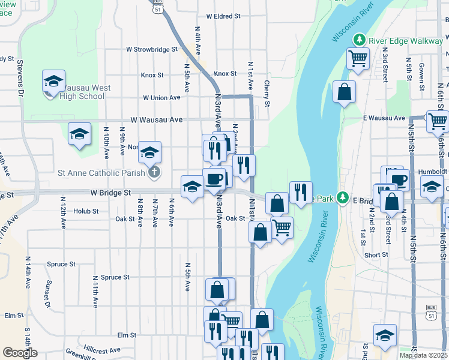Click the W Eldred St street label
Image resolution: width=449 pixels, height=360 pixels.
click(223, 17)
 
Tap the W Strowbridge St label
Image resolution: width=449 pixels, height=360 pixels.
click(152, 49)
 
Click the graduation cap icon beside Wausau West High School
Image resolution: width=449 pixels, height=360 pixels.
click(53, 82)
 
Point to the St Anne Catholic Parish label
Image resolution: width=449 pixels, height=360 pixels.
click(101, 173)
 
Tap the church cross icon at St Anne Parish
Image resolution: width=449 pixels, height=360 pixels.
click(154, 173)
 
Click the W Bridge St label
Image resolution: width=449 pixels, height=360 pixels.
click(110, 193)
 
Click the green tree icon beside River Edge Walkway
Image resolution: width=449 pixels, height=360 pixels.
click(360, 40)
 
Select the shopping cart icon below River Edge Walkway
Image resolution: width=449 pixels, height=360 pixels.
click(358, 59)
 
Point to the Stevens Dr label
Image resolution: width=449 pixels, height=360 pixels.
click(20, 78)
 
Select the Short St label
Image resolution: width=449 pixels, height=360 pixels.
click(376, 255)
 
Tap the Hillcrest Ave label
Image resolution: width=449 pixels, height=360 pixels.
click(102, 349)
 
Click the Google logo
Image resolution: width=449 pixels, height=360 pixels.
click(20, 353)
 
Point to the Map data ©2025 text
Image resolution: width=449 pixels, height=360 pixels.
click(423, 355)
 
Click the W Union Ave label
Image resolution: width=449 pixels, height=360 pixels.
click(161, 98)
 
